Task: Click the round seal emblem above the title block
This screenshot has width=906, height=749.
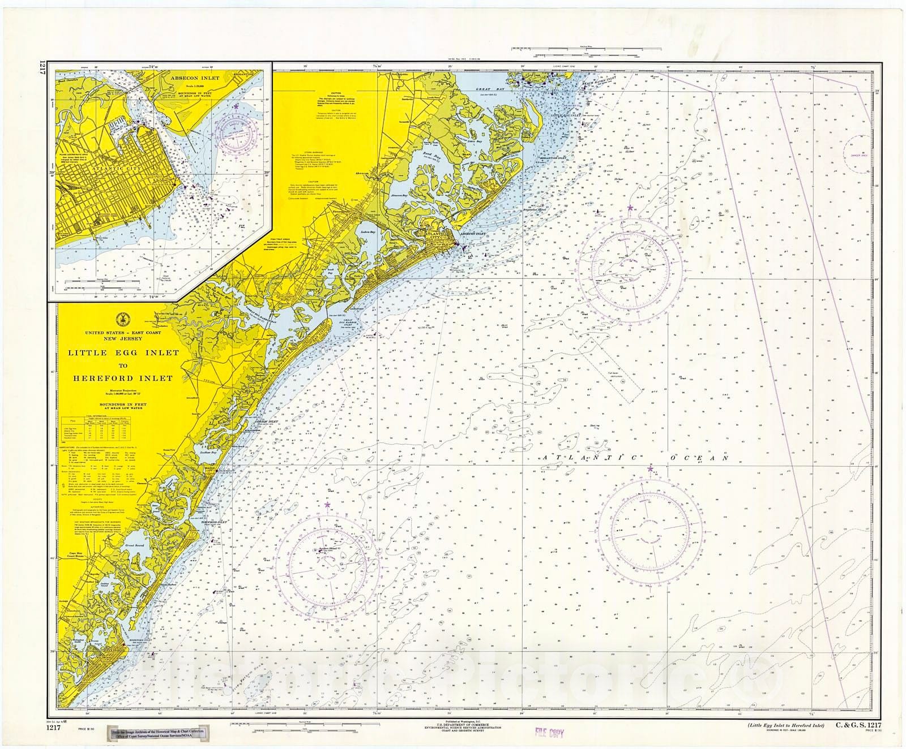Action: point(120,317)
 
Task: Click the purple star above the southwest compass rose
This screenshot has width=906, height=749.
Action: point(327,503)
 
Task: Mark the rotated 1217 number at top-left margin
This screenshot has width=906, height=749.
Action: point(42,73)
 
